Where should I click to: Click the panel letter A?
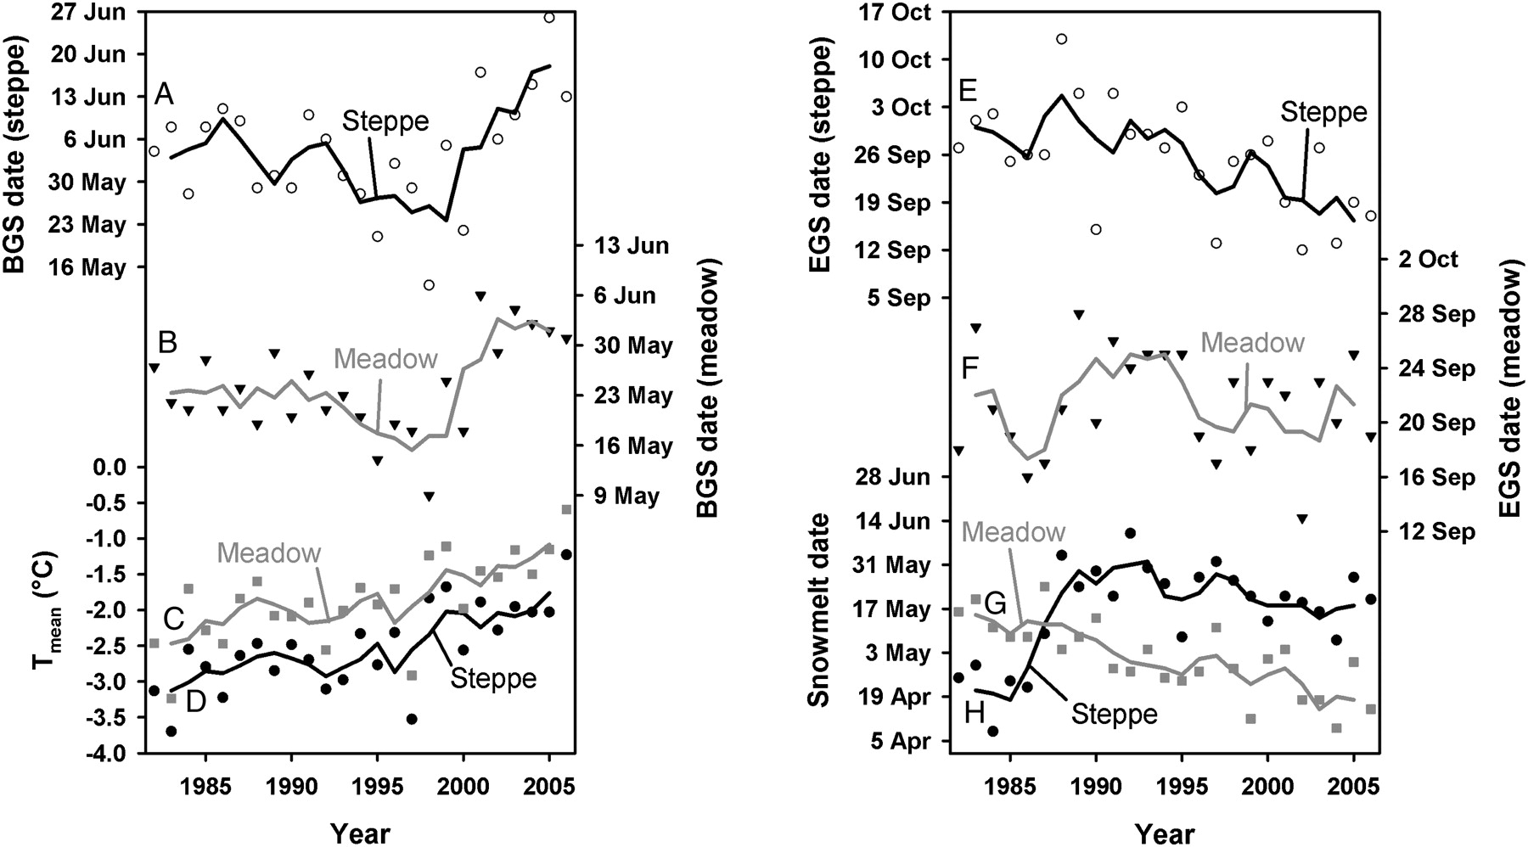coord(164,94)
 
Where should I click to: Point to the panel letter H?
coord(975,712)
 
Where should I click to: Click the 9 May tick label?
coord(626,496)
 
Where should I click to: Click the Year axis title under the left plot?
coord(360,832)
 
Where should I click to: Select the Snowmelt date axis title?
coord(818,609)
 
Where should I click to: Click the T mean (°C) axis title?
coord(47,611)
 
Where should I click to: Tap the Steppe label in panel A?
coord(385,121)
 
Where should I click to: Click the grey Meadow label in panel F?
coord(1253,343)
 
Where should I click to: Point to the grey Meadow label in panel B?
coord(385,359)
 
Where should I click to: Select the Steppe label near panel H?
coord(1114,714)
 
